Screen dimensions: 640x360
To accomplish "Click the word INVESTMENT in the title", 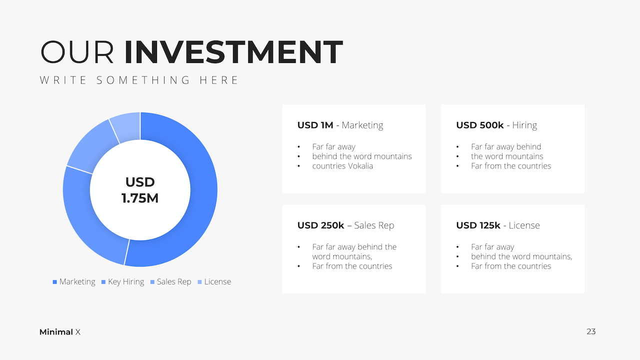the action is point(233,52).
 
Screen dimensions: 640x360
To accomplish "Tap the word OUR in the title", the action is point(77,52).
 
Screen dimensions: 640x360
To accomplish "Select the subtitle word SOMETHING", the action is point(143,80).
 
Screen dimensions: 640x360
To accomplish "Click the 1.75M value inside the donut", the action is point(140,198).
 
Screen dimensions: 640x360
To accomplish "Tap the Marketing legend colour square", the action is point(55,282).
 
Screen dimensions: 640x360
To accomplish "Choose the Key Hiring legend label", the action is point(126,281).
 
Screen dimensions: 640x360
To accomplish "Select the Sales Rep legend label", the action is point(174,281).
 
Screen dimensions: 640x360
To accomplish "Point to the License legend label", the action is point(217,281).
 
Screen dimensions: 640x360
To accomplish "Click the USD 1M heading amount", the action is point(315,125).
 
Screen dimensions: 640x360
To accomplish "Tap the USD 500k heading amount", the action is point(479,125).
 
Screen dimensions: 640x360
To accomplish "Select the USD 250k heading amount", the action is point(320,225).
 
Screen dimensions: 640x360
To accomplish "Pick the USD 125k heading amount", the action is point(478,225).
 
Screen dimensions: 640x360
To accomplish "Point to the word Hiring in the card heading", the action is point(524,125).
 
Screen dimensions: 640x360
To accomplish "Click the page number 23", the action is point(591,331).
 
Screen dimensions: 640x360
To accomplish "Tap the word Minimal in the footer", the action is point(56,332).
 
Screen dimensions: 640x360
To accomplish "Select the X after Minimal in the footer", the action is point(77,332).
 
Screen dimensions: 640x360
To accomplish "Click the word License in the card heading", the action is point(524,225).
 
